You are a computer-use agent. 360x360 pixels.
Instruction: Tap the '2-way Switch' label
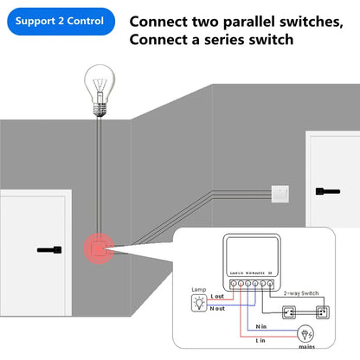(x=303, y=293)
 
